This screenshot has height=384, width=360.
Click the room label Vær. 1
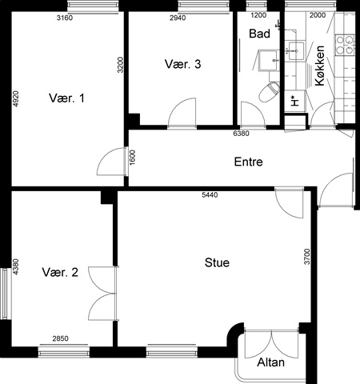coord(66,98)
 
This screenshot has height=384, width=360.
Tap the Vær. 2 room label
coord(60,272)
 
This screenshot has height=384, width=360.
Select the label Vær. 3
coord(182,64)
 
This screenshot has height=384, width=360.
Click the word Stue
coord(217,262)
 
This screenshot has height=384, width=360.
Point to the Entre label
coord(248,162)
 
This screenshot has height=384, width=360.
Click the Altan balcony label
coord(270,362)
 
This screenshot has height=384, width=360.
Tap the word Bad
coord(259,34)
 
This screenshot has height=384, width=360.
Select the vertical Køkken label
coord(320,66)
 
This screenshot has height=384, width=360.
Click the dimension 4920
coord(16,99)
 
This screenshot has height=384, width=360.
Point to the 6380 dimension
coord(241,133)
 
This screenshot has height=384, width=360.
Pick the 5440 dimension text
coord(210,195)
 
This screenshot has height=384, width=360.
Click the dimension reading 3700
coord(307,257)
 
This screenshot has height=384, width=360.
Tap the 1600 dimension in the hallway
coord(133,158)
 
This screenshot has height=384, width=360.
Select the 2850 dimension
coord(60,338)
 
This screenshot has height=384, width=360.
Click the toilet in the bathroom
coord(269,91)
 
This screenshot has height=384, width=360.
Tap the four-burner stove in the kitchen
coord(345,45)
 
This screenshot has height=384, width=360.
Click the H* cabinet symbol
coord(295,102)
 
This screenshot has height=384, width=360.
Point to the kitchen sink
coord(296,51)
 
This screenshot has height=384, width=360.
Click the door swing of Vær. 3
coord(182,112)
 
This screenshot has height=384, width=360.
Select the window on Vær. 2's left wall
coord(5,294)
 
